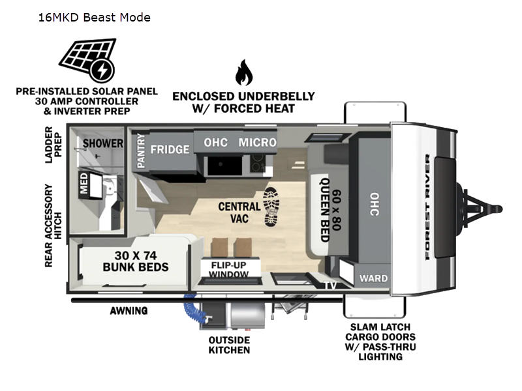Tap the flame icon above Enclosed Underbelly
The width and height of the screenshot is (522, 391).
point(244,72)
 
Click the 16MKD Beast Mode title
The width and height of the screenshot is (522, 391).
point(94,17)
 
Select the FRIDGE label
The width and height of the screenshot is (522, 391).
point(170,149)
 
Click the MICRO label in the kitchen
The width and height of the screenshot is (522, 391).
point(257,142)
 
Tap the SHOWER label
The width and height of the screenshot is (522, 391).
point(102,143)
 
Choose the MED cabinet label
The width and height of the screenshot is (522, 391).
point(84,185)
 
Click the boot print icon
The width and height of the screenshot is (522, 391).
point(273,207)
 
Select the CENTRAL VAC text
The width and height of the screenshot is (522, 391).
point(239,212)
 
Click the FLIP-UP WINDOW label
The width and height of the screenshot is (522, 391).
point(228,270)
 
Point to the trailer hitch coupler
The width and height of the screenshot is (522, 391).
point(493,209)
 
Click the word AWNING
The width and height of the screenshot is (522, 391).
point(129,311)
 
